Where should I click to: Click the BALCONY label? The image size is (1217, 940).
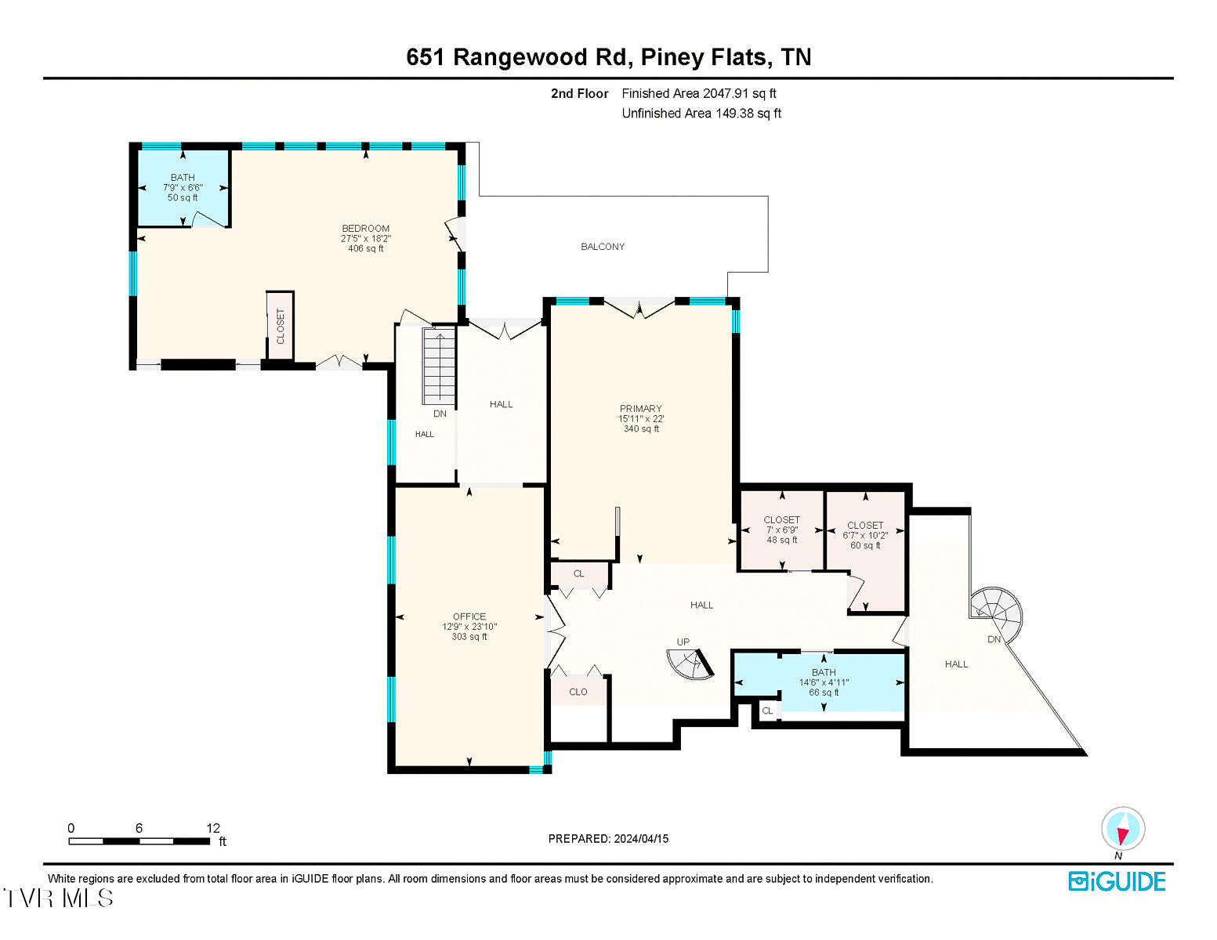pyautogui.click(x=603, y=247)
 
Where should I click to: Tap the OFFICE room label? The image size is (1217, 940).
pyautogui.click(x=469, y=616)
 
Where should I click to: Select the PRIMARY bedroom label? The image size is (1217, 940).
pyautogui.click(x=641, y=409)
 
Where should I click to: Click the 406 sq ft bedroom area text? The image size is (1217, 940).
pyautogui.click(x=366, y=249)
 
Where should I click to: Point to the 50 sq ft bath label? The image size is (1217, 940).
pyautogui.click(x=183, y=198)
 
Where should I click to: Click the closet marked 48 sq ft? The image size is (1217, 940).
pyautogui.click(x=782, y=530)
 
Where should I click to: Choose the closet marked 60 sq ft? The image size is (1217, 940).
pyautogui.click(x=865, y=535)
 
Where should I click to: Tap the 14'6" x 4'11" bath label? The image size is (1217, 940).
pyautogui.click(x=824, y=683)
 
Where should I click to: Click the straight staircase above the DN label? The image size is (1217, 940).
pyautogui.click(x=440, y=365)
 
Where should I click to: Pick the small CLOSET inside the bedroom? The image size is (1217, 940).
pyautogui.click(x=280, y=327)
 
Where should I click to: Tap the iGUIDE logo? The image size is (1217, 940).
pyautogui.click(x=1117, y=881)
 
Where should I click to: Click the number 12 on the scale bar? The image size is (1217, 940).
pyautogui.click(x=213, y=828)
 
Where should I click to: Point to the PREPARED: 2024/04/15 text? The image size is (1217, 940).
pyautogui.click(x=608, y=839)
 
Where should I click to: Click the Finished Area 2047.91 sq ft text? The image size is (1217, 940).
pyautogui.click(x=699, y=93)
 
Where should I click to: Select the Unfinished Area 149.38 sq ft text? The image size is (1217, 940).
pyautogui.click(x=701, y=114)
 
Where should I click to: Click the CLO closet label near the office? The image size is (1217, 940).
pyautogui.click(x=578, y=692)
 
